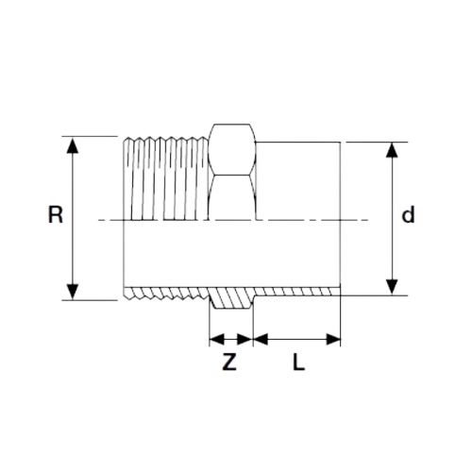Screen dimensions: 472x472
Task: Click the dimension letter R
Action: tap(56, 214)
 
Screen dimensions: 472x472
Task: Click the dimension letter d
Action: tap(408, 214)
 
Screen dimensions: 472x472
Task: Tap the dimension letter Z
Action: tap(229, 362)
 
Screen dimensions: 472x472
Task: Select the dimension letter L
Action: tap(298, 362)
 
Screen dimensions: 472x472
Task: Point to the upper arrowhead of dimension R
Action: tap(73, 145)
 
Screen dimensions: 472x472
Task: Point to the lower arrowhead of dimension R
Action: tap(73, 292)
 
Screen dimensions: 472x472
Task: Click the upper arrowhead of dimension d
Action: tap(392, 150)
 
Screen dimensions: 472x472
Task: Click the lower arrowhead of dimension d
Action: tap(392, 287)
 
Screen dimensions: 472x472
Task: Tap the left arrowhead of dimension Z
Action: tap(217, 340)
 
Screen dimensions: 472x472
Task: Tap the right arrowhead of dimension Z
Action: tap(245, 340)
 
